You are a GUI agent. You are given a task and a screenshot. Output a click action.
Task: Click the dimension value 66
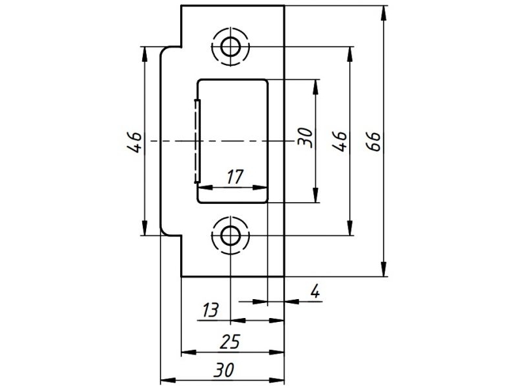[x=375, y=141]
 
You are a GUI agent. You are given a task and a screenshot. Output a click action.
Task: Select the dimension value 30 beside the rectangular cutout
[x=305, y=137]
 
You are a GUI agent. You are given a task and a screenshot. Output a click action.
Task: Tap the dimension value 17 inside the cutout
[x=236, y=177]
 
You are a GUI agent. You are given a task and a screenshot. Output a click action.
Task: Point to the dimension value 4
[x=315, y=291]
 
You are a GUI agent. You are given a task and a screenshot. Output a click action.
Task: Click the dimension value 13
[x=210, y=310]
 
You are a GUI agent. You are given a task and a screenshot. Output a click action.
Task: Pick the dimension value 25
[x=230, y=341]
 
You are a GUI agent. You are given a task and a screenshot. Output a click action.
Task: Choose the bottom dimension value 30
[x=224, y=369]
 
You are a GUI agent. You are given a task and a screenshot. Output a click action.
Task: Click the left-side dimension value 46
[x=136, y=142]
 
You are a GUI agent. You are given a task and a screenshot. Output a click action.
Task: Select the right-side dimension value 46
[x=340, y=141]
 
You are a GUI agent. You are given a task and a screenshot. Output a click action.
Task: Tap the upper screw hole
[x=230, y=47]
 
